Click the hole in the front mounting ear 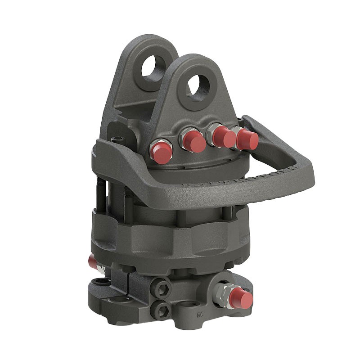coord(198,85)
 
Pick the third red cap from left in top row coord(224,136)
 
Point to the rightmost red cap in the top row coord(247,139)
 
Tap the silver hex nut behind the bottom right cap coord(224,293)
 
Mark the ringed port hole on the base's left coord(100,282)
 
